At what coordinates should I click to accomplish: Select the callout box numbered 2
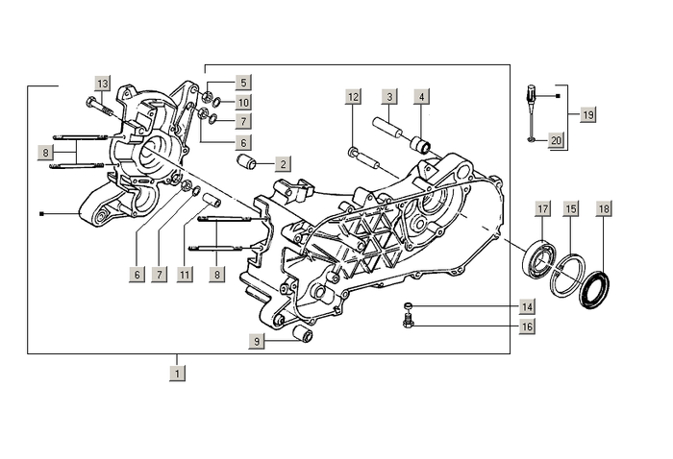pos(283,164)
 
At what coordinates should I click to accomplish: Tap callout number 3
pos(389,97)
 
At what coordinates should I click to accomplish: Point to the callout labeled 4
pos(422,97)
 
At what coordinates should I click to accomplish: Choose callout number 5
pos(243,84)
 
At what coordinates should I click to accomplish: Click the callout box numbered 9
pos(258,341)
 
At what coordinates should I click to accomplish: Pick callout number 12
pos(354,97)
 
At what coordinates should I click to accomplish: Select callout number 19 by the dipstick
pos(588,114)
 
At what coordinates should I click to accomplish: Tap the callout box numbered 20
pos(556,140)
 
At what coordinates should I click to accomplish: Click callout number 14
pos(527,307)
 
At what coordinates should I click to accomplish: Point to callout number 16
pos(527,326)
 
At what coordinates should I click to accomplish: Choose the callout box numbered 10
pos(243,103)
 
